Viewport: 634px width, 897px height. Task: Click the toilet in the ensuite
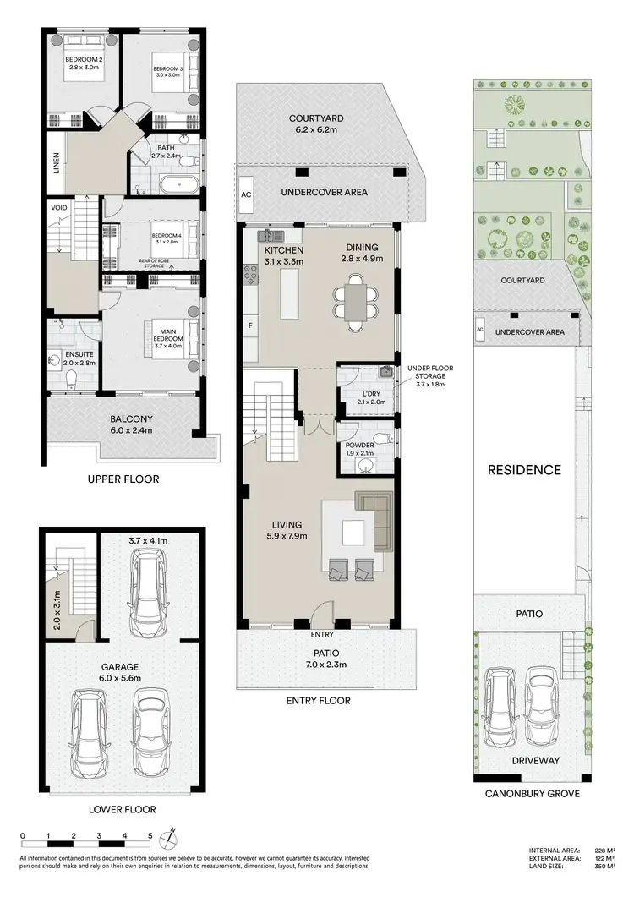[72, 378]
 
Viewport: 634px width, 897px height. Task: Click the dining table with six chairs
[356, 301]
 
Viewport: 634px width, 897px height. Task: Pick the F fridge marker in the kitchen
[250, 325]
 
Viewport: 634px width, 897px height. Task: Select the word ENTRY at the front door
[323, 634]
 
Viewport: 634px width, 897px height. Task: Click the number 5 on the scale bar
[150, 835]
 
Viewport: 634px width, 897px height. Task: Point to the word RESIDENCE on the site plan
[523, 469]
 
